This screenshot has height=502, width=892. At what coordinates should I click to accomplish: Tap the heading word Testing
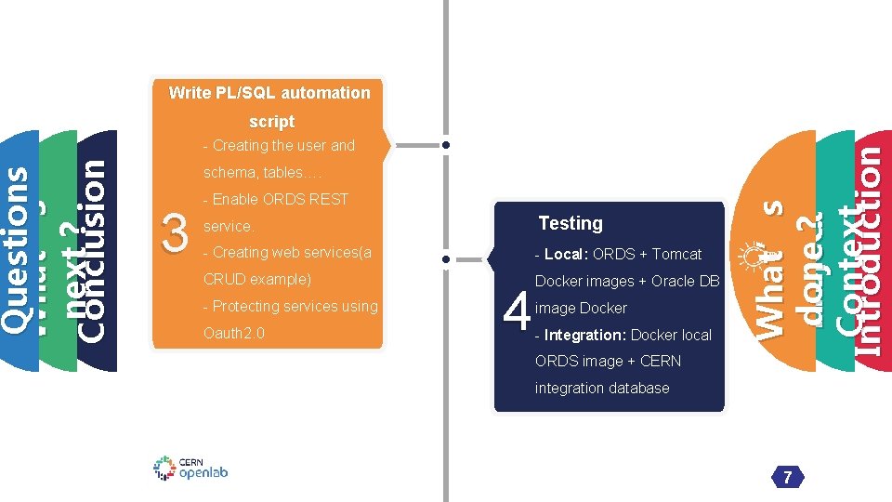pos(571,223)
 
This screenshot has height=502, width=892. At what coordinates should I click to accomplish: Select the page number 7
pos(787,478)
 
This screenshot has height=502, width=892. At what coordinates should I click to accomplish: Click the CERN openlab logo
pos(190,468)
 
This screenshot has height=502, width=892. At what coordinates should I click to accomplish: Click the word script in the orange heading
pos(271,122)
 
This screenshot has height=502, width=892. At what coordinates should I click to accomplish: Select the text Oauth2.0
pos(234,333)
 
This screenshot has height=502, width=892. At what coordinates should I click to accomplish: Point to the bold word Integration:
pos(585,335)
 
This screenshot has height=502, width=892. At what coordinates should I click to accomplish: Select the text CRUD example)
pos(256,280)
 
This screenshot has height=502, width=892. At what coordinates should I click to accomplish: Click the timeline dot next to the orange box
pos(447,146)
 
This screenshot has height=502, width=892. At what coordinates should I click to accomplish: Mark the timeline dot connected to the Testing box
pos(447,258)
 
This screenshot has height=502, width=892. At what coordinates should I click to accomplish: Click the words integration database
pos(602,389)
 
